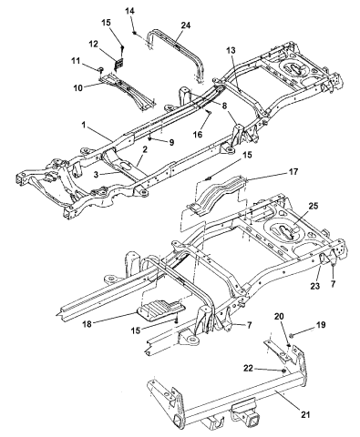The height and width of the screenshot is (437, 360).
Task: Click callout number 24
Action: [x=186, y=25]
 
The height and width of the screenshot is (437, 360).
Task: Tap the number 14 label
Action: [x=129, y=11]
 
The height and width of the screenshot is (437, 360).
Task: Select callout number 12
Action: [x=94, y=45]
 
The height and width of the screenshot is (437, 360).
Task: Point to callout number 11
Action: [x=76, y=61]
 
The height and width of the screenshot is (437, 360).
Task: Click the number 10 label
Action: [x=77, y=88]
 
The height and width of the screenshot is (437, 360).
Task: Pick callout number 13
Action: [x=231, y=50]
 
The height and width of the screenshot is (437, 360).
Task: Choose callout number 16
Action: [x=198, y=134]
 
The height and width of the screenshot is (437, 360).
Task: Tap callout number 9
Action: [x=171, y=142]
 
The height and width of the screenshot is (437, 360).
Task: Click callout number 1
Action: [x=84, y=125]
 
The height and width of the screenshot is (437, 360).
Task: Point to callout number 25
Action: [x=314, y=206]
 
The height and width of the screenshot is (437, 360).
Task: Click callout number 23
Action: [x=315, y=286]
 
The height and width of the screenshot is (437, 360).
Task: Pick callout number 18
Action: [x=87, y=324]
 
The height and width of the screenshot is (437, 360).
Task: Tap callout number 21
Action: [x=305, y=414]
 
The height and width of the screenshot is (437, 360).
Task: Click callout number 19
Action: [x=320, y=325]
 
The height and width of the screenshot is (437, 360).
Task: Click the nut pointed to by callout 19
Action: [x=291, y=335]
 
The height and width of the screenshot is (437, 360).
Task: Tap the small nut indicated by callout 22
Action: [x=283, y=371]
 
